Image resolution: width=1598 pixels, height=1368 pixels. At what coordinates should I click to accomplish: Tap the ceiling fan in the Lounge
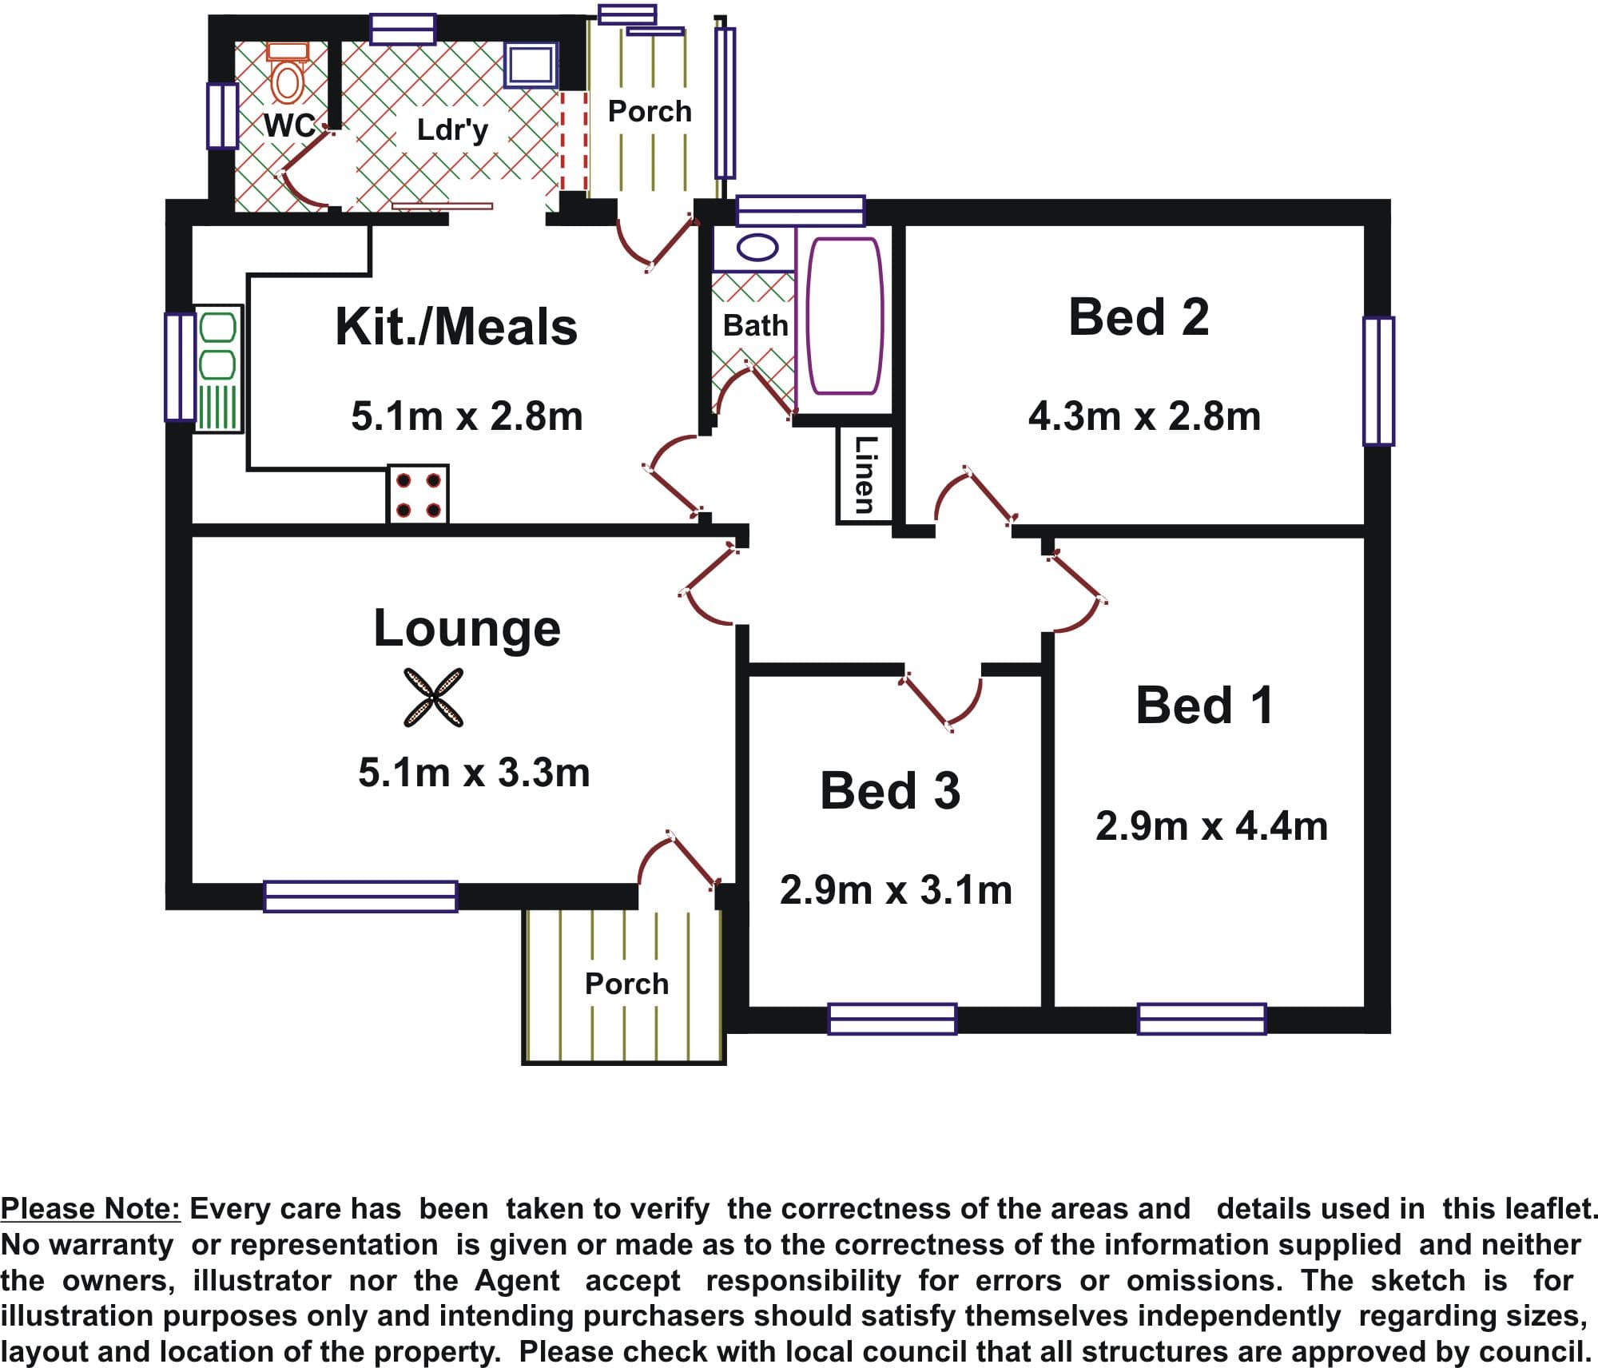(x=433, y=697)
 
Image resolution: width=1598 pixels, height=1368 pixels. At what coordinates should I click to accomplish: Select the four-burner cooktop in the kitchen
(x=418, y=494)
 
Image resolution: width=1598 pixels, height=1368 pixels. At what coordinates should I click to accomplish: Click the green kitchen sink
(x=218, y=369)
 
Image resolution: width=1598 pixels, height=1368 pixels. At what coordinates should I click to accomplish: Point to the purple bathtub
(x=845, y=316)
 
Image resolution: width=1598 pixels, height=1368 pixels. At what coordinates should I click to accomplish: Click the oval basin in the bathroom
(x=757, y=247)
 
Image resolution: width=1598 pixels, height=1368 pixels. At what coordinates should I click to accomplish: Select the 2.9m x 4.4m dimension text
(x=1211, y=825)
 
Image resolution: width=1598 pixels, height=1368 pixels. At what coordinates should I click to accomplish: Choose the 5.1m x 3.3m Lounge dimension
(x=474, y=772)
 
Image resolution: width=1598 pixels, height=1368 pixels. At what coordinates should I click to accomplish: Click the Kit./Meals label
(x=456, y=327)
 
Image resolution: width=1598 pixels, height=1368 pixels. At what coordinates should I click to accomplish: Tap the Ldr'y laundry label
(x=452, y=129)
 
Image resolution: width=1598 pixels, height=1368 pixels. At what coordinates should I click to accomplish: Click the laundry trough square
(x=530, y=64)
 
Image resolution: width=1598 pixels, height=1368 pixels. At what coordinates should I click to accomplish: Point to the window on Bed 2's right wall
(x=1378, y=380)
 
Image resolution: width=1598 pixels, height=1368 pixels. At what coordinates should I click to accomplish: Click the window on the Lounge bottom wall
(x=360, y=896)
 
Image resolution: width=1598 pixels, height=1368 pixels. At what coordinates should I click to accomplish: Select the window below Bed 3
(x=892, y=1019)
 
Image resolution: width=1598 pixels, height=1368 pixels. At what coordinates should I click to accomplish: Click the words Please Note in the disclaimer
(x=91, y=1209)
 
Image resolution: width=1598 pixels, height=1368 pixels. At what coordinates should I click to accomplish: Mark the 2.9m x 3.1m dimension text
(x=896, y=889)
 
